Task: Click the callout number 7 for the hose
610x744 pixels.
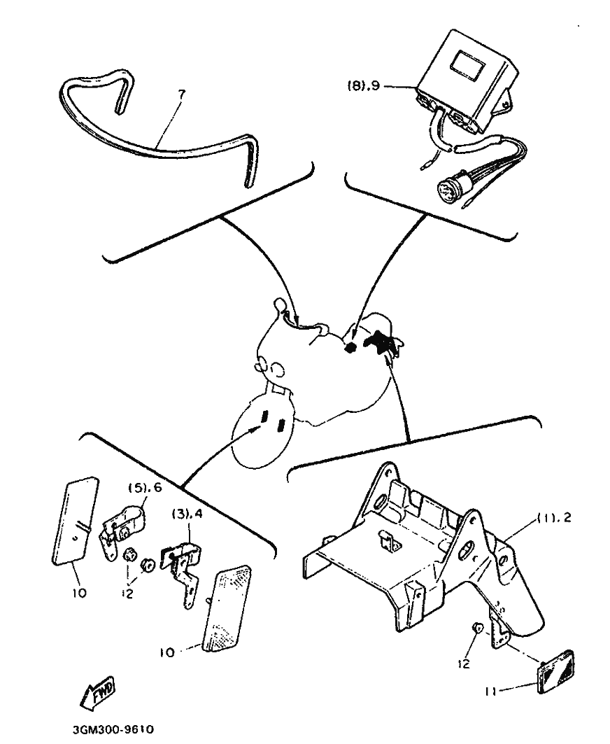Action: tap(182, 94)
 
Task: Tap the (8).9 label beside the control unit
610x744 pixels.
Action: tap(363, 86)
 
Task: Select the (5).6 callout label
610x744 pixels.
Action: tap(145, 488)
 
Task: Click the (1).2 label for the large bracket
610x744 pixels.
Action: tap(554, 518)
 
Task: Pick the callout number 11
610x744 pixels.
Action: tap(490, 692)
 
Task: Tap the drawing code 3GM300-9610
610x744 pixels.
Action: tap(113, 729)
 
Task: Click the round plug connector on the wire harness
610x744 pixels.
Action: tap(448, 188)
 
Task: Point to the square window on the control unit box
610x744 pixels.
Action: tap(468, 64)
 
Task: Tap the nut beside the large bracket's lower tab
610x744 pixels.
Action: tap(478, 629)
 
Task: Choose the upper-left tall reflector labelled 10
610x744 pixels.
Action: tap(75, 521)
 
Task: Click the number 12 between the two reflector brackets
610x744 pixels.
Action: tap(127, 593)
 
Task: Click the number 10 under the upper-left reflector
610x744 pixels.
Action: tap(79, 593)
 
